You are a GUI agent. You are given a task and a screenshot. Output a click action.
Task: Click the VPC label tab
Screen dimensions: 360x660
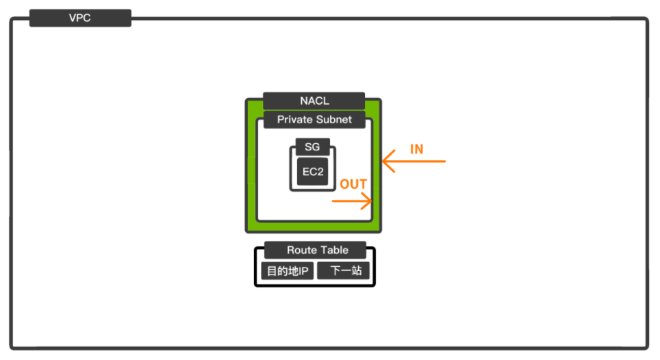pos(80,18)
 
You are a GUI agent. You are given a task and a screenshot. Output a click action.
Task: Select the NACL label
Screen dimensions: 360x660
pos(314,101)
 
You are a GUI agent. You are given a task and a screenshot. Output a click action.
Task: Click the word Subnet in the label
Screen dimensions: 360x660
pos(335,120)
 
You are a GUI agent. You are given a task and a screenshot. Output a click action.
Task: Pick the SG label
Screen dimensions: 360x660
pos(312,147)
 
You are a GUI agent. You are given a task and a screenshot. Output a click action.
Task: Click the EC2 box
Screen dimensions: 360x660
pos(313,172)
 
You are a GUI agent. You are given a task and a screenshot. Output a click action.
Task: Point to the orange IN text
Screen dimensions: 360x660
pos(416,149)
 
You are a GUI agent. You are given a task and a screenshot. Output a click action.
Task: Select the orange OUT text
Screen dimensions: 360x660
pos(353,185)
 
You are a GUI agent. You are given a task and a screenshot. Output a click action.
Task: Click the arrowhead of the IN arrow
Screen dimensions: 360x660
pos(385,162)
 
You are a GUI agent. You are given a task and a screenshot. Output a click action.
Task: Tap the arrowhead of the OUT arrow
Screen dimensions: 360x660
pos(370,201)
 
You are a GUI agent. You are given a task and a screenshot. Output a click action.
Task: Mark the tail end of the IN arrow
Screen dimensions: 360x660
pos(444,162)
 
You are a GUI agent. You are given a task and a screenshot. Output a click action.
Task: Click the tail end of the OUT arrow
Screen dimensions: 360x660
pos(333,201)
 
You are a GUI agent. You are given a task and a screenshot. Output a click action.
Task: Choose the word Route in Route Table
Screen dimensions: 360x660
pos(301,250)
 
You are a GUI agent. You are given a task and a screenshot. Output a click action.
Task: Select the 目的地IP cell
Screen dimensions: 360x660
pos(288,271)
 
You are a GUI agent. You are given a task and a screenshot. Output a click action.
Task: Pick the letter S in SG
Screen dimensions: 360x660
pos(308,147)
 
